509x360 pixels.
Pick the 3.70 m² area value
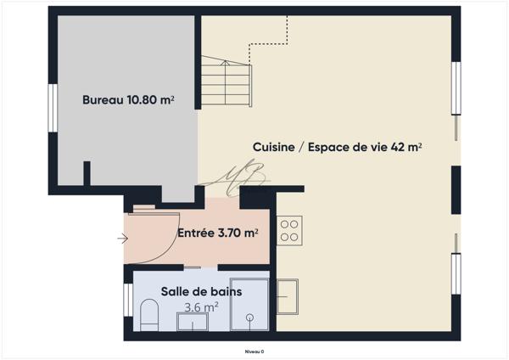pos(238,232)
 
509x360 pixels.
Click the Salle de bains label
pos(201,291)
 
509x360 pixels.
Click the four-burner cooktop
pos(289,230)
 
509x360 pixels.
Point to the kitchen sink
pos(288,295)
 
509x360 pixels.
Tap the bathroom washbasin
pos(193,322)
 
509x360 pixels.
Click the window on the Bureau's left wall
pos(53,107)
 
